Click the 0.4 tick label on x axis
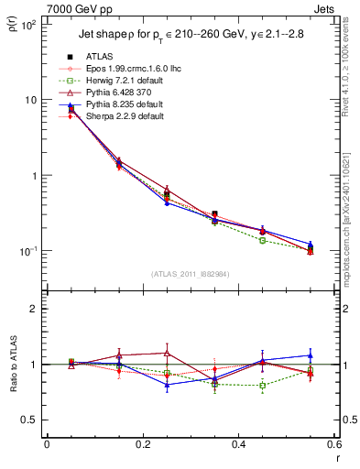click(238, 444)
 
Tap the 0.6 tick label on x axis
click(333, 444)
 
